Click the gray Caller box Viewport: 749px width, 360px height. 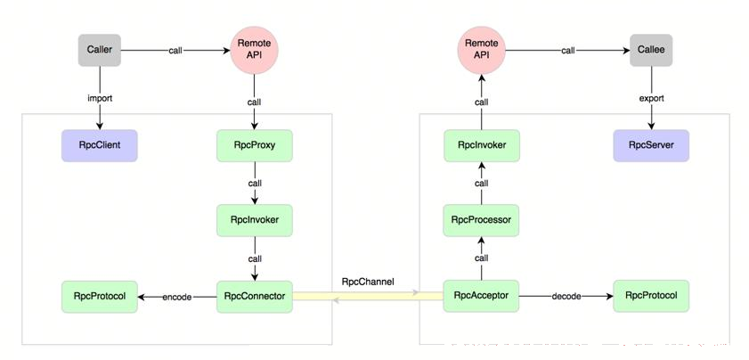(x=100, y=50)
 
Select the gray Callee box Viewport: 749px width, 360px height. (x=651, y=50)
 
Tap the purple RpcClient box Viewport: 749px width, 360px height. (x=100, y=145)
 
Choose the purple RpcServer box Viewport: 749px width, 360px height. (x=651, y=145)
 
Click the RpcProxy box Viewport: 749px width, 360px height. (x=254, y=145)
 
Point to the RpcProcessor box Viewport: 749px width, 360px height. (x=481, y=220)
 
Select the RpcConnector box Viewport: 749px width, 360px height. (x=254, y=297)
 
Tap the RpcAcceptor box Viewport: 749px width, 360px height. (x=481, y=296)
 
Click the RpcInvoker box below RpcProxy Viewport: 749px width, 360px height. (x=254, y=220)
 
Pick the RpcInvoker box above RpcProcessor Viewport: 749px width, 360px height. (x=481, y=145)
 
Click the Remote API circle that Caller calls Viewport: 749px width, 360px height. (x=254, y=50)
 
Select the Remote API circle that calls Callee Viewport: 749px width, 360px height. (x=481, y=50)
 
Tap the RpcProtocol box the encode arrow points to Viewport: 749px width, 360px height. (x=100, y=297)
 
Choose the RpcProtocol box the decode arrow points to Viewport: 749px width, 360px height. (x=651, y=296)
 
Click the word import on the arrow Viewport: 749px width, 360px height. (x=100, y=99)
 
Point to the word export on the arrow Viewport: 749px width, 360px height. (x=651, y=99)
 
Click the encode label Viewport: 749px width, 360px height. (x=176, y=297)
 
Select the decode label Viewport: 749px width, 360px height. (x=566, y=297)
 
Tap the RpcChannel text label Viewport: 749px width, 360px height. (x=368, y=282)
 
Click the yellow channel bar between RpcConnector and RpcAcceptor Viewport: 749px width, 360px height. (x=368, y=297)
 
